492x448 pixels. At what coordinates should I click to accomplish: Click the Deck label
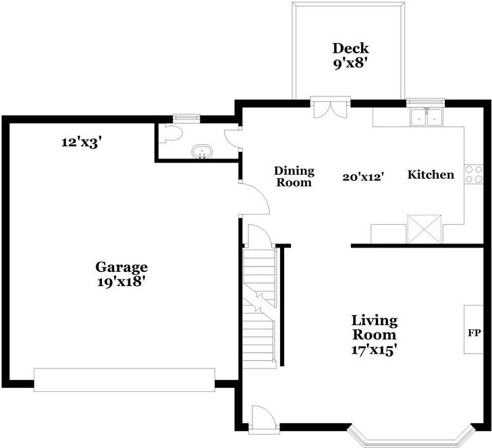coord(350,49)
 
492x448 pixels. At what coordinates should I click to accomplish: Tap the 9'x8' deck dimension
coord(350,63)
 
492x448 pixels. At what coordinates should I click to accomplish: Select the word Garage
coord(121,267)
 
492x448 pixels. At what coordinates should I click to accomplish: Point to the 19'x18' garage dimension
coord(121,282)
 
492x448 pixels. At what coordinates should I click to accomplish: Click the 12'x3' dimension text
coord(82,143)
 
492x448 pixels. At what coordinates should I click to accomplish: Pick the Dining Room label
coord(294,177)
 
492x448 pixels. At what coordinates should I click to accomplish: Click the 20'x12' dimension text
coord(363,177)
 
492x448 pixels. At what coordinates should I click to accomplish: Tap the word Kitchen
coord(431,175)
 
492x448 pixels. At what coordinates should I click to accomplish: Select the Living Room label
coord(375,327)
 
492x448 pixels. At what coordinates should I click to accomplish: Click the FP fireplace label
coord(474,333)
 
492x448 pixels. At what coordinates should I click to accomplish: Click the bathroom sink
coord(202,152)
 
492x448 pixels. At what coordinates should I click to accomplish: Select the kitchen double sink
coord(427,117)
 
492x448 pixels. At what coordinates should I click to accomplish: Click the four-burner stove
coord(474,175)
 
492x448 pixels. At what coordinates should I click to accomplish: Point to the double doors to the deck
coord(330,108)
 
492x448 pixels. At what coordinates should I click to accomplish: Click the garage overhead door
coord(124,380)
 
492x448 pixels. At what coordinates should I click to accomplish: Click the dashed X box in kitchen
coord(425,229)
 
